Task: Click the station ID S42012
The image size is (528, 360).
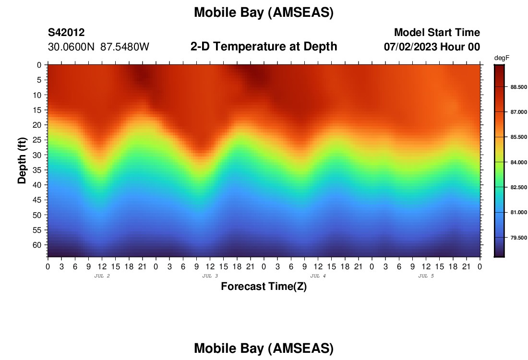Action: [x=66, y=33]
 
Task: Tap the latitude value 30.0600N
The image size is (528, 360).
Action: [x=72, y=47]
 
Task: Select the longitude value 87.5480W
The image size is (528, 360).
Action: [x=125, y=47]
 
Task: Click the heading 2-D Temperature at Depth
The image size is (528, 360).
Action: [x=264, y=47]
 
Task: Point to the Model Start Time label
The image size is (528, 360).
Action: [x=437, y=33]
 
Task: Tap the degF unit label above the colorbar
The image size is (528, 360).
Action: [x=502, y=58]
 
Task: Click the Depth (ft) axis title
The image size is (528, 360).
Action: [x=22, y=160]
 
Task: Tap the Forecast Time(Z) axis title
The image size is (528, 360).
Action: [x=264, y=287]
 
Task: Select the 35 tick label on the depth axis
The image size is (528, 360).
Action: [x=38, y=169]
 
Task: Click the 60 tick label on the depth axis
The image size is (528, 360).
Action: [x=38, y=245]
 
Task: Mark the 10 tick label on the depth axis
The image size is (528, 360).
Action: [x=38, y=95]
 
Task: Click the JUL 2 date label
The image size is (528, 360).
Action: [x=102, y=276]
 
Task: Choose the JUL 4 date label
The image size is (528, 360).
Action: [x=318, y=276]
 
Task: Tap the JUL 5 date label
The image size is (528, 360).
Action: [x=426, y=276]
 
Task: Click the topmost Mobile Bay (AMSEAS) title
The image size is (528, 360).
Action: [x=264, y=13]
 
